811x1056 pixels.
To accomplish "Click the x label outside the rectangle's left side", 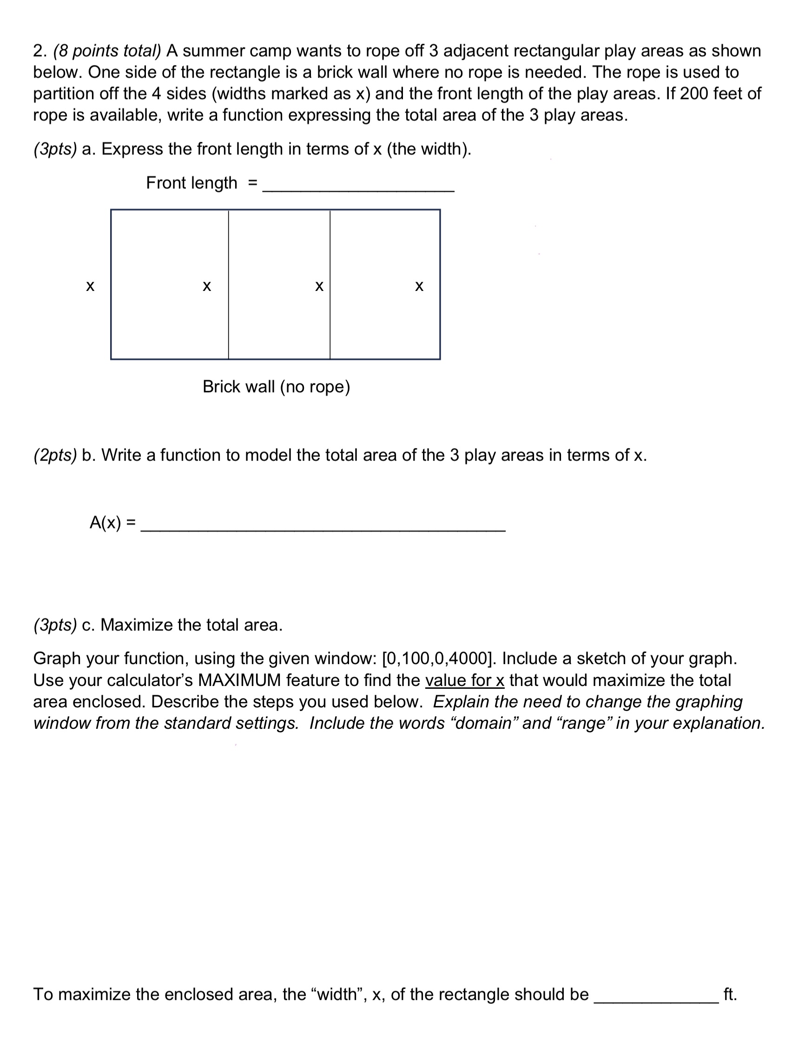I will (90, 286).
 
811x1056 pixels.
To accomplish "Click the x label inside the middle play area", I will (319, 286).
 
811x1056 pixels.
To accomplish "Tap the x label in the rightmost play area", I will (419, 286).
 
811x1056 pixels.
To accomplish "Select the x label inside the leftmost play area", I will (207, 286).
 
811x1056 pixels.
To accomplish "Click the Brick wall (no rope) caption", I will (276, 387).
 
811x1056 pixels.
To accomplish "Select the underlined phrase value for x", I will (464, 680).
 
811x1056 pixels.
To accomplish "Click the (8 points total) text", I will (107, 51).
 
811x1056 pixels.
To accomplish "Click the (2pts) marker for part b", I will (55, 455).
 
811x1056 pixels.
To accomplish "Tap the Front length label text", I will (191, 183).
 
